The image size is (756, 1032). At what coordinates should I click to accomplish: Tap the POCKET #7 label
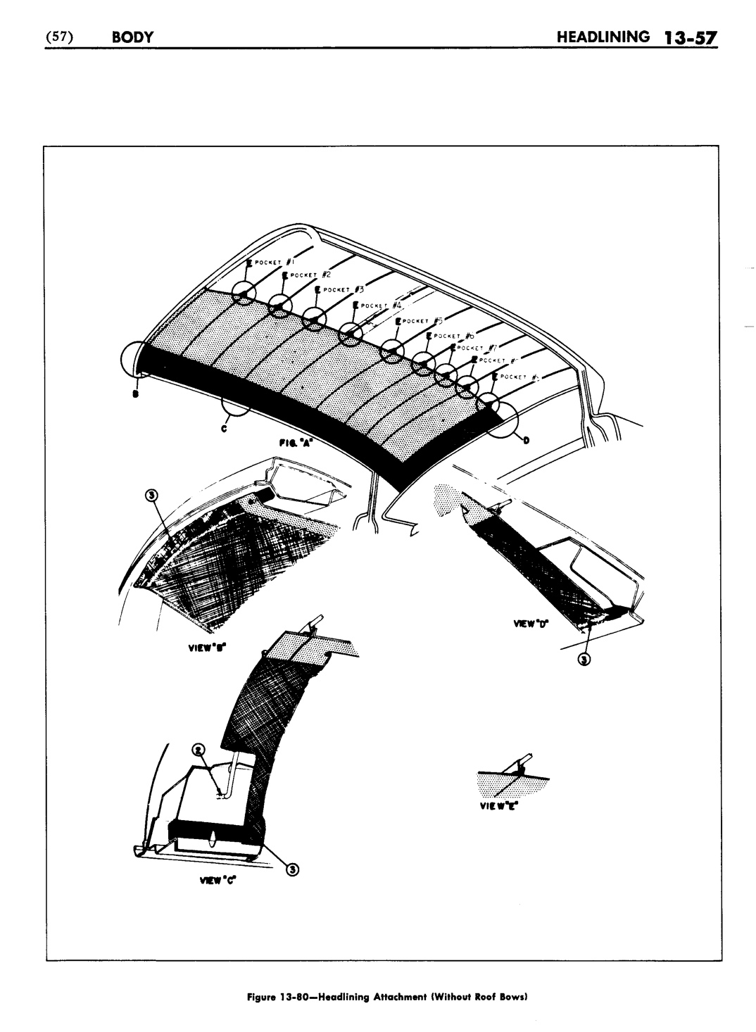(x=479, y=348)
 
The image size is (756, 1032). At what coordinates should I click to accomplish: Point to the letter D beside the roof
(x=525, y=441)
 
